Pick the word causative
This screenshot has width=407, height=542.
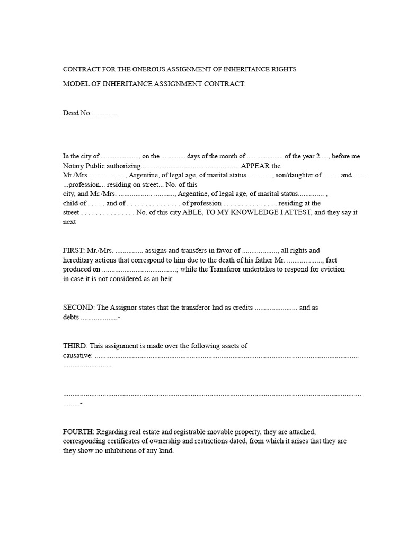tap(77, 355)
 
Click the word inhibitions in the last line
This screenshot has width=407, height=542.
tap(123, 451)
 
